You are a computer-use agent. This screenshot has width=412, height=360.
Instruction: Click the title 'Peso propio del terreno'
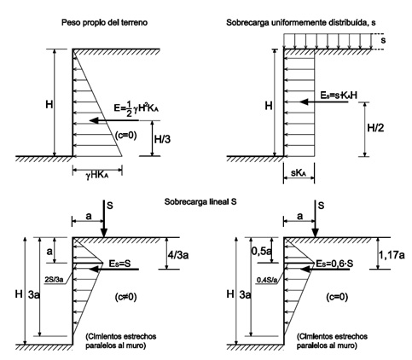104,22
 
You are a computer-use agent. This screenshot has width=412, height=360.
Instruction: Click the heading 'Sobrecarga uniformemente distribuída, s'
300,22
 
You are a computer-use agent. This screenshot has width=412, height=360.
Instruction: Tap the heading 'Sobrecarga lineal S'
200,201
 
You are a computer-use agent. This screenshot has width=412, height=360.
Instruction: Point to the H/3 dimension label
162,139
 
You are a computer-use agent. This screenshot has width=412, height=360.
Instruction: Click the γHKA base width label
97,176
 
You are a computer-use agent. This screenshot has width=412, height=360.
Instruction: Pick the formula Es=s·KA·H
339,96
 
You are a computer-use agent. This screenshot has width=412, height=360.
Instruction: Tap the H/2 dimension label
375,128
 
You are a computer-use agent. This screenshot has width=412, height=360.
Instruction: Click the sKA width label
299,173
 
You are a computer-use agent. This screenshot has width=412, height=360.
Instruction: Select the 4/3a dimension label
178,255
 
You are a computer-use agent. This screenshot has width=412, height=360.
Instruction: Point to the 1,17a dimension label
391,255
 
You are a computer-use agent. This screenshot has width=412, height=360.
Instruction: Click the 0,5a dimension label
261,251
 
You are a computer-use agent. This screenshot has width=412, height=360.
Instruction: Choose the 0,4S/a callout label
267,280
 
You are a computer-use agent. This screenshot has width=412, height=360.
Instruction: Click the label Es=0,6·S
334,264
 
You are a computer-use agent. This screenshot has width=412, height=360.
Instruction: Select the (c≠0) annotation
125,297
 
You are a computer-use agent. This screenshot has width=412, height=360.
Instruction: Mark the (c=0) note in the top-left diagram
125,136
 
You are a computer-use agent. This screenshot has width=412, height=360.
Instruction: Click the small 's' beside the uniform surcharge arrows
383,40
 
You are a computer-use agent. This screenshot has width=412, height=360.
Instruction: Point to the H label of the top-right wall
269,106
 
